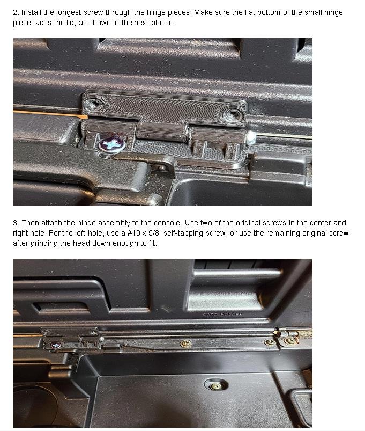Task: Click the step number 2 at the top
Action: pyautogui.click(x=16, y=13)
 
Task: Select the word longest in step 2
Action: pyautogui.click(x=69, y=13)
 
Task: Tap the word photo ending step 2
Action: pyautogui.click(x=162, y=23)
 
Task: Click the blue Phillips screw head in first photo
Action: pyautogui.click(x=112, y=144)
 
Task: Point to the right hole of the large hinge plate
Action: pyautogui.click(x=232, y=114)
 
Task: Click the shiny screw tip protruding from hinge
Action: pyautogui.click(x=251, y=138)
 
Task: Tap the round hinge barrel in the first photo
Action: pyautogui.click(x=161, y=131)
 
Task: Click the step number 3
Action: pyautogui.click(x=16, y=223)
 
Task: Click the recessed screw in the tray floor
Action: pyautogui.click(x=216, y=385)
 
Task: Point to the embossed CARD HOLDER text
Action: pyautogui.click(x=222, y=314)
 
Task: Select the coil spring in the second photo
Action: pyautogui.click(x=304, y=333)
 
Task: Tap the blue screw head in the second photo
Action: pyautogui.click(x=56, y=346)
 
